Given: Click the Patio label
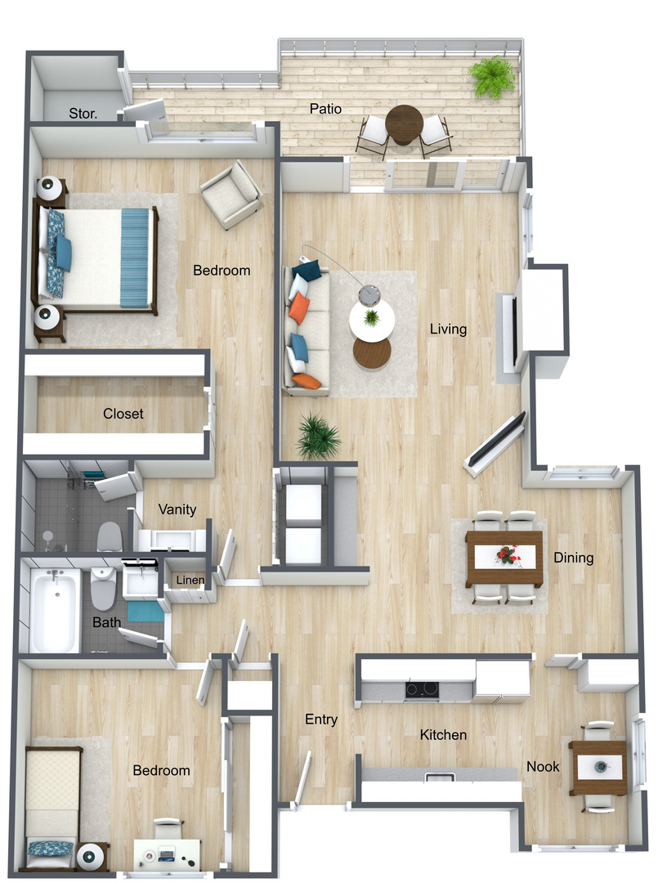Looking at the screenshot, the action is (325, 109).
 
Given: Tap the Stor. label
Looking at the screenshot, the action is (83, 114).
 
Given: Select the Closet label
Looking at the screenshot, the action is (123, 414).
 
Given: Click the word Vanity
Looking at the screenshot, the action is (177, 509).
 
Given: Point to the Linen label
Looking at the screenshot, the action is (190, 580).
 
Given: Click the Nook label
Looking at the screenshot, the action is (543, 766).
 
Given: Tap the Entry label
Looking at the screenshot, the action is (321, 719).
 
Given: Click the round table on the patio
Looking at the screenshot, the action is (404, 124).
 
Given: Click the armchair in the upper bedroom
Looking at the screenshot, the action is (232, 195).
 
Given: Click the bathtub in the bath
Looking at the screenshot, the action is (54, 609).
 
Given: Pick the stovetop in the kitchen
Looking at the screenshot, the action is (422, 688).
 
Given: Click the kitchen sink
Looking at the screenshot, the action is (440, 778).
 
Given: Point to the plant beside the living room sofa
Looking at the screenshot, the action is (318, 436).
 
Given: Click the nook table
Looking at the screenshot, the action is (598, 768).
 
